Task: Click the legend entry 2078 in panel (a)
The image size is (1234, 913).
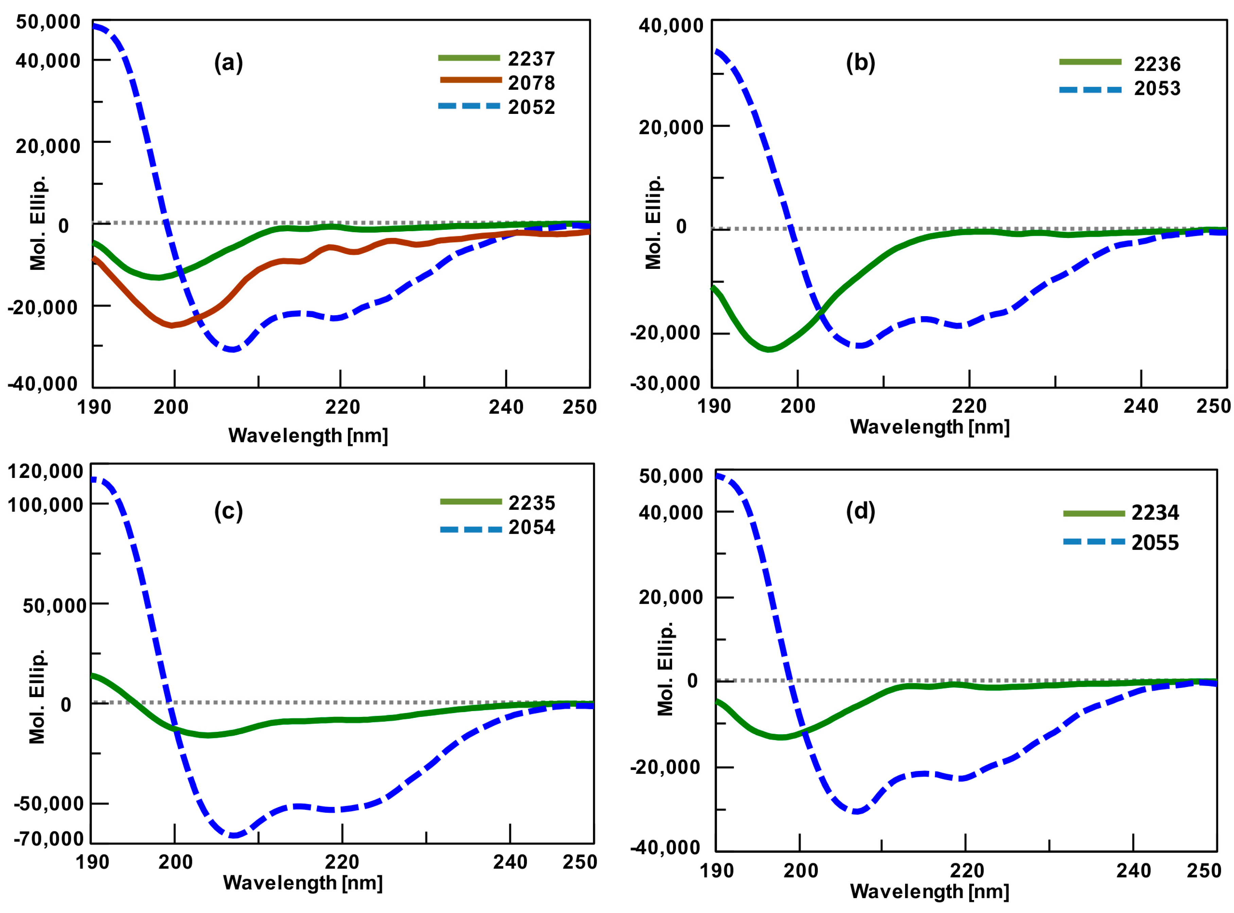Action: point(531,83)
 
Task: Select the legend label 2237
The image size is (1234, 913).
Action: point(531,58)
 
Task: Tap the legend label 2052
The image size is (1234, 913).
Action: point(531,107)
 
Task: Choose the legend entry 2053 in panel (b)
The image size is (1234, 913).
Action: point(1157,88)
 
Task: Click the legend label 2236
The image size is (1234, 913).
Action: point(1157,64)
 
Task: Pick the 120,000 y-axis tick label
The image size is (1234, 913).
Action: point(45,471)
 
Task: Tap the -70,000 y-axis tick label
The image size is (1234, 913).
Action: point(49,839)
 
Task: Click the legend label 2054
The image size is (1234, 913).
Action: point(531,527)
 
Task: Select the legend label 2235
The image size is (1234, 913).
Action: point(531,503)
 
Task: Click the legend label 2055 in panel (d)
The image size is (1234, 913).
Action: point(1154,543)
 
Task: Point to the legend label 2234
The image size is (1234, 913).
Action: point(1154,513)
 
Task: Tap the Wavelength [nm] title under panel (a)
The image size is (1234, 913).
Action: point(308,435)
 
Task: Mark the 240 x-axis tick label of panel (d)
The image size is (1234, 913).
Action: point(1133,871)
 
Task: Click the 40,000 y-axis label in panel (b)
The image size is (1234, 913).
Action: point(671,25)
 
